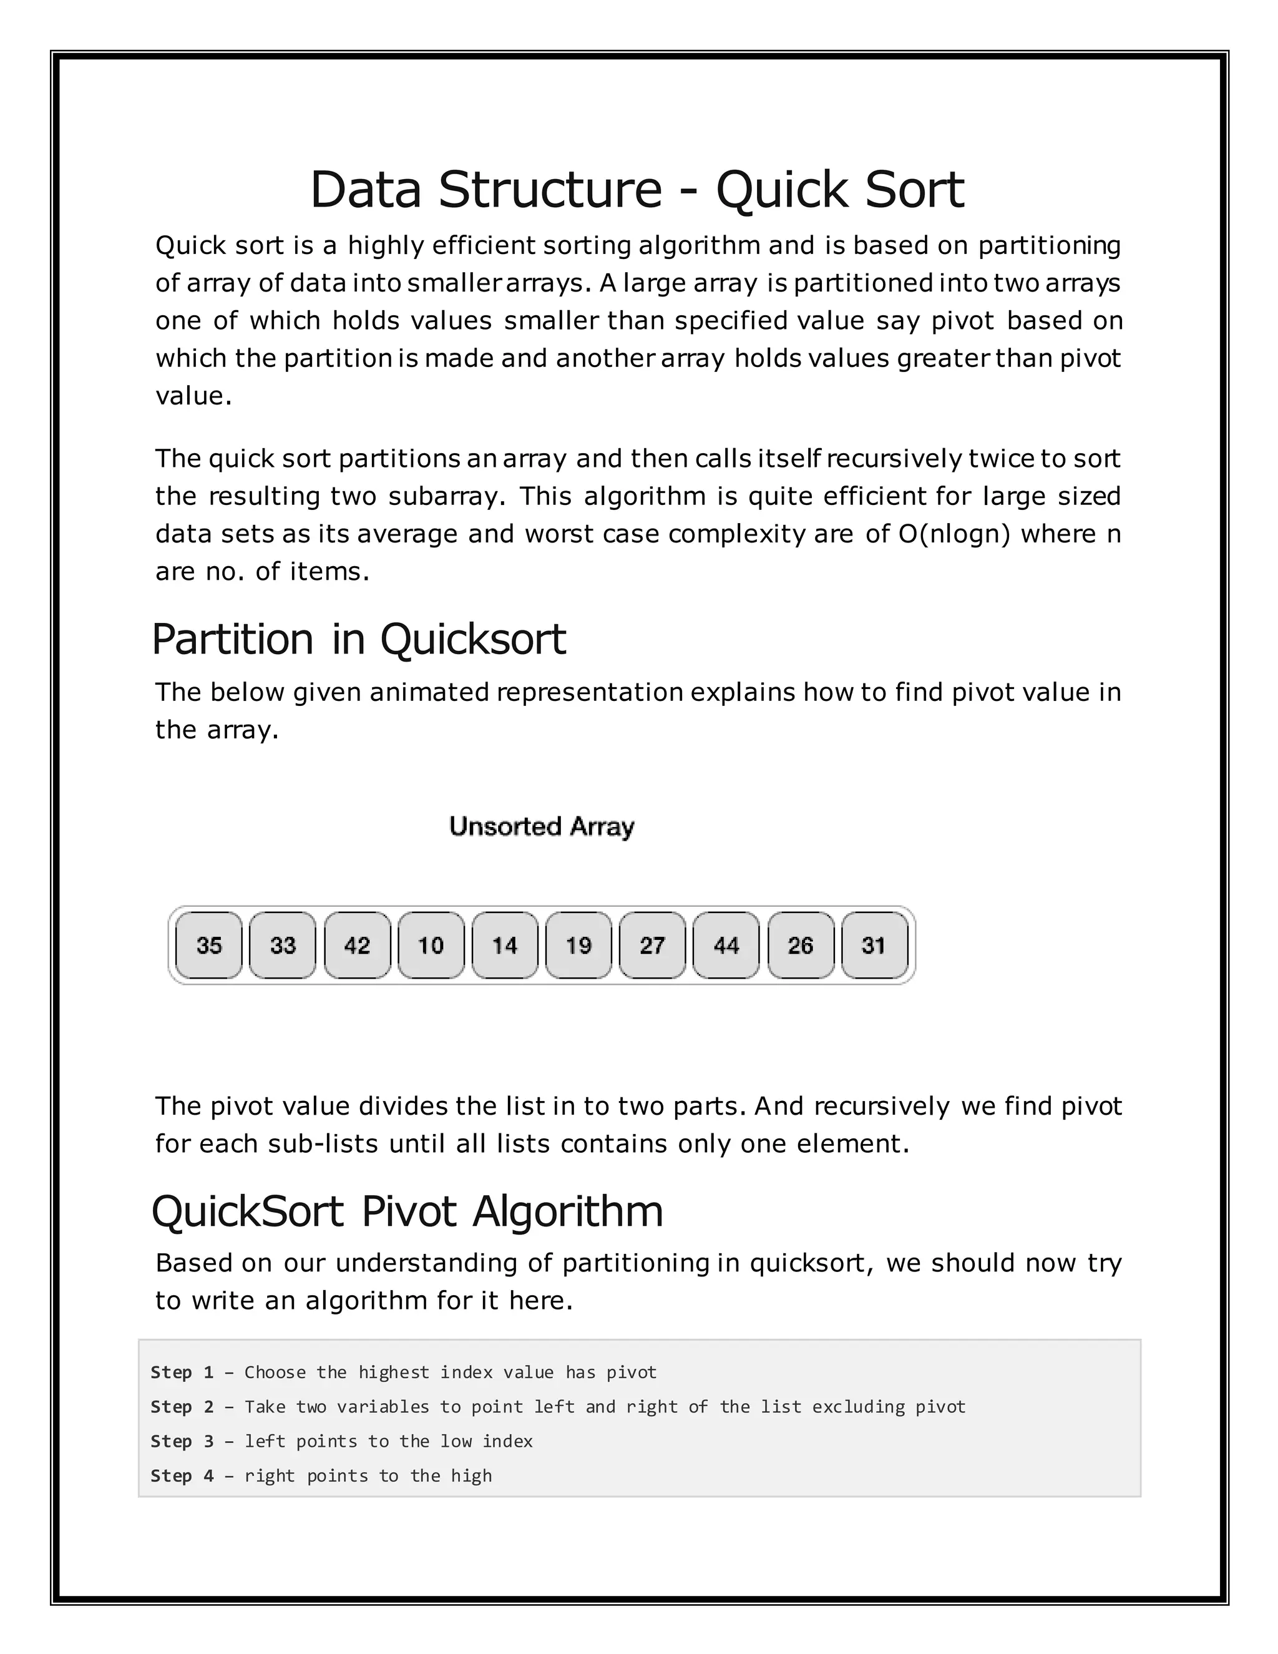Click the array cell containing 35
click(209, 945)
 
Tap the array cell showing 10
click(431, 945)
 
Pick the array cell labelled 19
click(578, 945)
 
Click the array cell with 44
click(726, 945)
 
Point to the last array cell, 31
click(874, 945)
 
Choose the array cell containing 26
click(800, 945)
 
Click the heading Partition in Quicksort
click(359, 639)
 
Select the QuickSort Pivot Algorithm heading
click(407, 1210)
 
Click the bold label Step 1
click(182, 1373)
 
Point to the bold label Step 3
click(182, 1441)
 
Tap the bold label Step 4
click(182, 1475)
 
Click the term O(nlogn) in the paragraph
click(954, 534)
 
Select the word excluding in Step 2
click(858, 1406)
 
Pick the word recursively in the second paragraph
click(894, 459)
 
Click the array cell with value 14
click(504, 945)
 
